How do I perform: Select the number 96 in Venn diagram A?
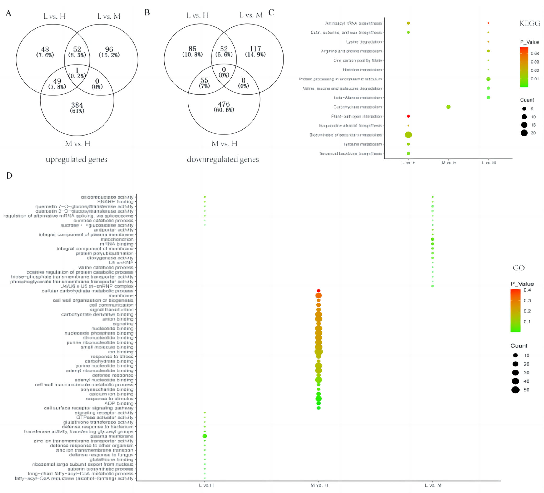[109, 49]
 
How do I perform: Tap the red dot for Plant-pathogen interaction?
[408, 116]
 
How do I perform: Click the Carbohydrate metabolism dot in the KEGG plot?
[448, 107]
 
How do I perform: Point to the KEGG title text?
[530, 23]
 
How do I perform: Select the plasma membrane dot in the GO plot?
[205, 436]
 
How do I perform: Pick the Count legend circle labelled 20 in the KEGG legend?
[524, 133]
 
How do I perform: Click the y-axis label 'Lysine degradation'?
[364, 42]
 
